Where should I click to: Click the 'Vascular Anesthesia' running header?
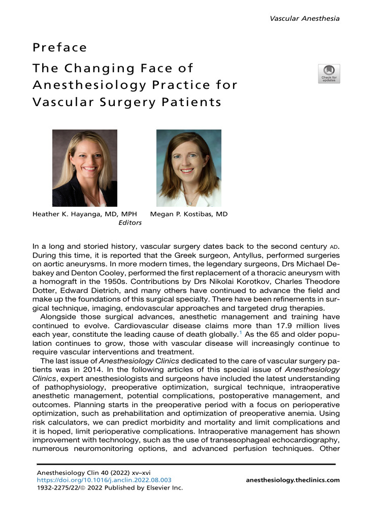(x=304, y=19)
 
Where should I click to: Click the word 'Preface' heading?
(x=60, y=48)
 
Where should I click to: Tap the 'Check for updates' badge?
(x=329, y=74)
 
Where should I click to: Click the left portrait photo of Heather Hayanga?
(x=85, y=168)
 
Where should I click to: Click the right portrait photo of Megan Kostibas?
(x=188, y=168)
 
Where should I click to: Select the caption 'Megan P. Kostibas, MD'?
(x=189, y=214)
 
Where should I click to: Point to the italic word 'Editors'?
(x=130, y=222)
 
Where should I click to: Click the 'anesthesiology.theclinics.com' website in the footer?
(x=292, y=479)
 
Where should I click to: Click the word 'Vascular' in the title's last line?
(x=56, y=102)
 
